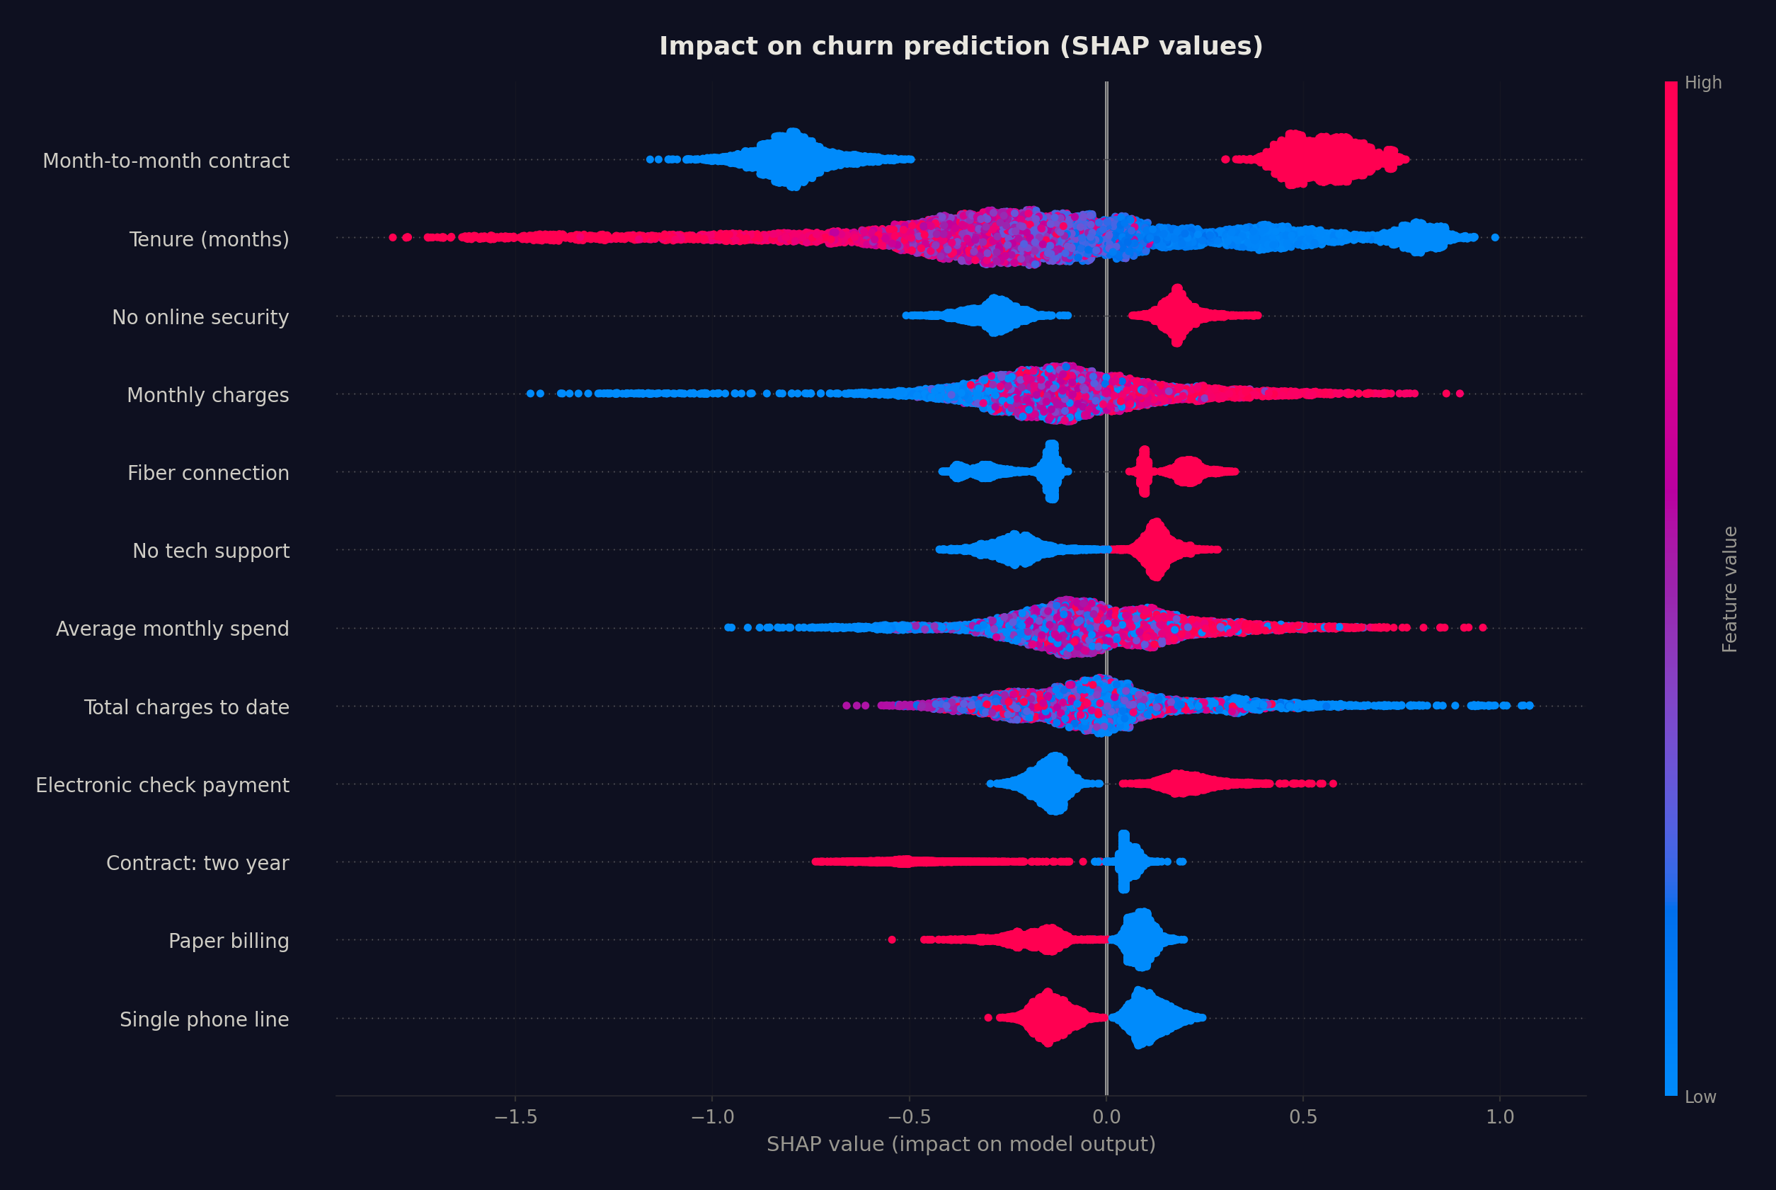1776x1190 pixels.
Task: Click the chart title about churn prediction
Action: [x=961, y=46]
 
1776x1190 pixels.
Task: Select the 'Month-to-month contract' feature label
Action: [x=166, y=161]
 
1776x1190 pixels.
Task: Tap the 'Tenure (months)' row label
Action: [x=209, y=239]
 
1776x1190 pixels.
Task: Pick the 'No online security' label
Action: [x=200, y=317]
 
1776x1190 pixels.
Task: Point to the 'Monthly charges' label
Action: [x=208, y=396]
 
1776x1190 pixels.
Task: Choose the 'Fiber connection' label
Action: [x=208, y=473]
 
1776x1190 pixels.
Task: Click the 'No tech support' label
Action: [x=211, y=551]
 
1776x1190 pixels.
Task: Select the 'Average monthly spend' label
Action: [x=172, y=629]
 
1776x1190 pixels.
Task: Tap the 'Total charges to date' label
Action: [x=187, y=707]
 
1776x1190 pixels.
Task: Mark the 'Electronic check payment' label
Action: [x=162, y=785]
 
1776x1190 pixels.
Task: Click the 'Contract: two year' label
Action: [x=197, y=863]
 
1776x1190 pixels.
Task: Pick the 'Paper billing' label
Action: [x=229, y=941]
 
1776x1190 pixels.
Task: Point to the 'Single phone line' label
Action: [x=204, y=1019]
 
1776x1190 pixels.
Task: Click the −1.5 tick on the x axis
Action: [x=515, y=1117]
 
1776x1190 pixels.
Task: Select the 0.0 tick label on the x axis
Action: [x=1106, y=1117]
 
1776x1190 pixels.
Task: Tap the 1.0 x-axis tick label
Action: [x=1500, y=1117]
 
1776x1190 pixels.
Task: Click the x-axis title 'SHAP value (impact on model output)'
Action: [x=961, y=1145]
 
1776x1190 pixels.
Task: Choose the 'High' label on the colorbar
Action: [x=1702, y=83]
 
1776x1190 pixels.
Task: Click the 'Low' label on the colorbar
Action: [x=1700, y=1097]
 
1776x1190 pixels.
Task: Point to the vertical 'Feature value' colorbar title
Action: [x=1730, y=589]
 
